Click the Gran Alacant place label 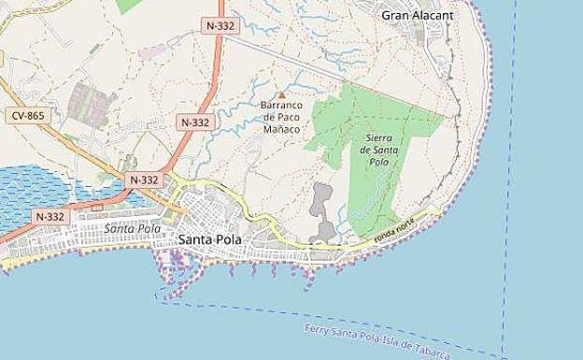click(417, 15)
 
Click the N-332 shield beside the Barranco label click(195, 122)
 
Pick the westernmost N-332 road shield click(50, 216)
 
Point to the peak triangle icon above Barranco click(281, 94)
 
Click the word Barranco click(281, 106)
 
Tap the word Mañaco click(281, 129)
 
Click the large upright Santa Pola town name click(209, 240)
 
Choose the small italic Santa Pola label click(132, 227)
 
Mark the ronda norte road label click(393, 231)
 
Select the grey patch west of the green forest click(322, 208)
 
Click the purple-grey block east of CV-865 click(91, 103)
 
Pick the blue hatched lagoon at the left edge click(28, 192)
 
